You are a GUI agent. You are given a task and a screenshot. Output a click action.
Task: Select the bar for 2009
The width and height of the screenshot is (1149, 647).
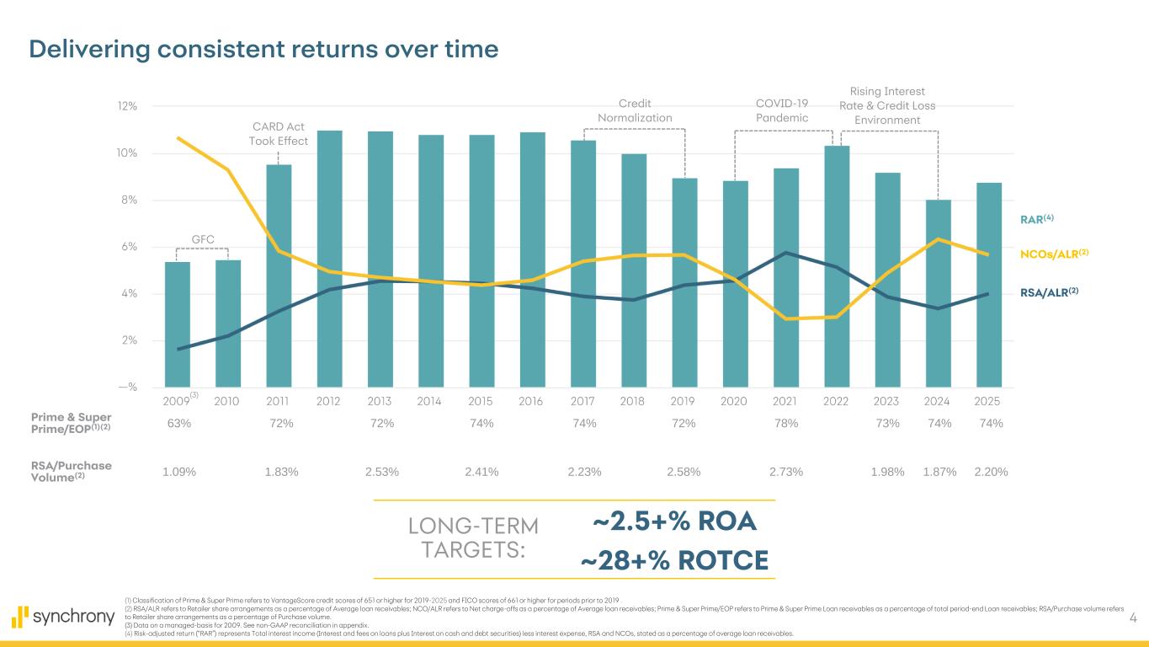coord(178,324)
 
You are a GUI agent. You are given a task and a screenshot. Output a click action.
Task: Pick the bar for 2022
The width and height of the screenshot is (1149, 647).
coord(837,266)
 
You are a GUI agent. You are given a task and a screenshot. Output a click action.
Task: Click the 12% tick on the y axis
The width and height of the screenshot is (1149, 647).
coord(127,107)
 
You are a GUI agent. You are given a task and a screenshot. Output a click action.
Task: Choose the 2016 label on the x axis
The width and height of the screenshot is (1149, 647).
coord(531,401)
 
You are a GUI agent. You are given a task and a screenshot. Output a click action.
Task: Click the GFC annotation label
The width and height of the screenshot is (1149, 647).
coord(202,239)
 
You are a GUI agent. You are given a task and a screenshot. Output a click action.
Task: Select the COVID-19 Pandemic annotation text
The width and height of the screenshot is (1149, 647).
coord(782,110)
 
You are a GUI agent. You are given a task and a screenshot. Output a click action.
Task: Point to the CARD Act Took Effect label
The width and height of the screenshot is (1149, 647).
coord(279,133)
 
